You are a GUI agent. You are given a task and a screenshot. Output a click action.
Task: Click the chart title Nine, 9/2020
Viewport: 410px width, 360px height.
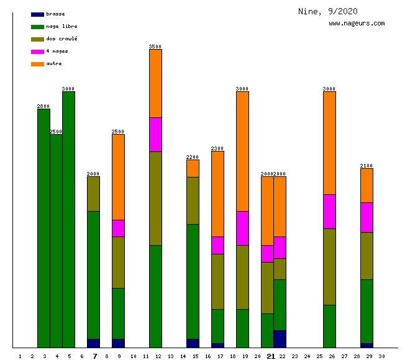coord(327,11)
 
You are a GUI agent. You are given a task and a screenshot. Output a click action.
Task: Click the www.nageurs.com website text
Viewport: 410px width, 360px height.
coord(357,24)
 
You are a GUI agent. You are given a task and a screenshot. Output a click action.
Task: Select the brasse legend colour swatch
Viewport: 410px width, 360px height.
coord(37,14)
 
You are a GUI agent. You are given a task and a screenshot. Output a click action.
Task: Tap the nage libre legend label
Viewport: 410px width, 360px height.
coord(61,26)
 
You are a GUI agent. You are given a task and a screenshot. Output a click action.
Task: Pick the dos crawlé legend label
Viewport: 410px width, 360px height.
coord(61,38)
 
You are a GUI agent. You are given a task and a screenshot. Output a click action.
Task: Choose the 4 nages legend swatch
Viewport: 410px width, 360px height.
coord(37,51)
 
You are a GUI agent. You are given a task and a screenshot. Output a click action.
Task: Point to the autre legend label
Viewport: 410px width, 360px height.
coord(54,63)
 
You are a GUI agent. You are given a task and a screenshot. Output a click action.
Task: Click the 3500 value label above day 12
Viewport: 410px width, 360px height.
coord(155,47)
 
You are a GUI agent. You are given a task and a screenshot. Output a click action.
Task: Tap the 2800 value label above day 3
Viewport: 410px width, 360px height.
coord(43,106)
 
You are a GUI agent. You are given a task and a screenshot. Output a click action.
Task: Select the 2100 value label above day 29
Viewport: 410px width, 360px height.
coord(367,166)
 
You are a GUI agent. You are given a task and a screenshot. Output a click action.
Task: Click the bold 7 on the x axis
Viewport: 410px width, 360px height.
coord(95,356)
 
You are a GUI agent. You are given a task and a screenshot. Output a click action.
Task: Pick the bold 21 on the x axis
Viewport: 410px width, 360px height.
coord(271,356)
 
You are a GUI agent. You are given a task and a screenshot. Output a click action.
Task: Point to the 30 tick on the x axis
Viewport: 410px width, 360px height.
coord(381,356)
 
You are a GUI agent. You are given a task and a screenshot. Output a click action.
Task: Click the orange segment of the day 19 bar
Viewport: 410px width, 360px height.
coord(242,151)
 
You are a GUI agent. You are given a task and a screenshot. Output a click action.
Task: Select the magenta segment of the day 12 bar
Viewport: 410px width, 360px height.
coord(155,134)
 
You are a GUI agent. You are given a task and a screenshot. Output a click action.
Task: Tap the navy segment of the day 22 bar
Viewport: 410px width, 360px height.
coord(280,339)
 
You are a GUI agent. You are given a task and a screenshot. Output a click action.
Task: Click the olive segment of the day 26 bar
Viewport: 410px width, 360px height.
coord(329,266)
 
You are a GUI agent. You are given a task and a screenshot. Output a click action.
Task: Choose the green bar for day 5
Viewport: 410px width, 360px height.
coord(68,219)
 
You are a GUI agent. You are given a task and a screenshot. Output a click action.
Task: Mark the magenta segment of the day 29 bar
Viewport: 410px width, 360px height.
coord(367,217)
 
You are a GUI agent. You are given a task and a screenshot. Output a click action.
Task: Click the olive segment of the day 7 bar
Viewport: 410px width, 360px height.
coord(93,194)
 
